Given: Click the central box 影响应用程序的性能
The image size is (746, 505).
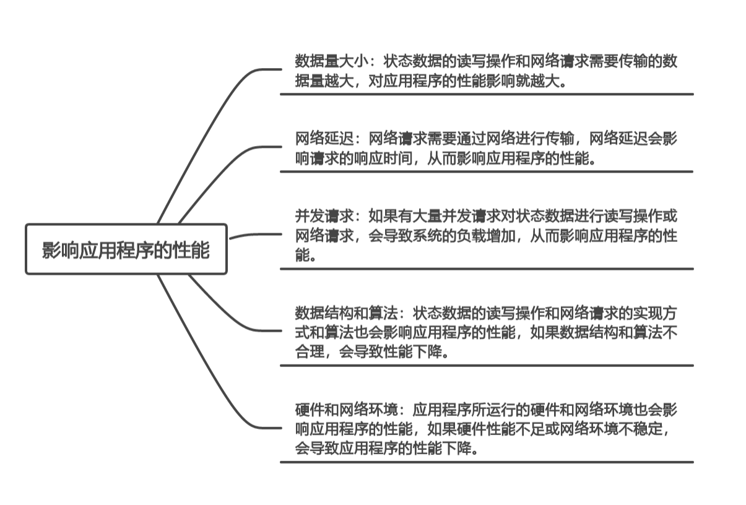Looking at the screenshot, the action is tap(126, 249).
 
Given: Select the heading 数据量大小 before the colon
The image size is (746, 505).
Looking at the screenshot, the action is tap(331, 61).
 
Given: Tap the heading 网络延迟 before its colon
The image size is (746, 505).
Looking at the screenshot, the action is tap(324, 139).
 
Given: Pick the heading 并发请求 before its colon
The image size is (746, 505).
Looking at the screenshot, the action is tap(324, 216).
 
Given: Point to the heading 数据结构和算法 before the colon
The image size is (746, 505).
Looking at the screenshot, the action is tap(346, 313).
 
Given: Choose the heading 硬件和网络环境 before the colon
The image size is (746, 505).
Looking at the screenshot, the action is tap(346, 410).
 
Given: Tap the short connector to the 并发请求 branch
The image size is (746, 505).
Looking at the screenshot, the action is tap(256, 235).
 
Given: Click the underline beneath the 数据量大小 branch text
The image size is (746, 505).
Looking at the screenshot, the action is tap(487, 94).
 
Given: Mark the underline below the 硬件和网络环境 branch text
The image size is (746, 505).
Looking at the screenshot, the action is tap(487, 462).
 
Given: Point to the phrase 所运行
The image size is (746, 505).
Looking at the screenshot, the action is tap(493, 410).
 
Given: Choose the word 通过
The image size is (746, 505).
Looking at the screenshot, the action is tap(471, 139).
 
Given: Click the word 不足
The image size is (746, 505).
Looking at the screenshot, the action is tap(530, 429).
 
